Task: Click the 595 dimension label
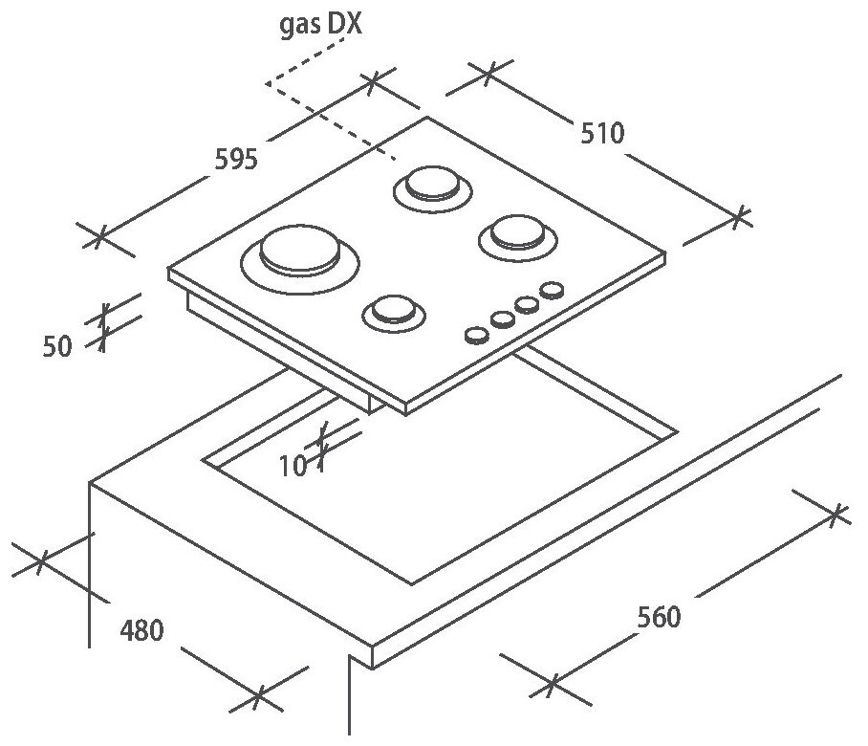[x=234, y=158]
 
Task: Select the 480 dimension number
[x=141, y=630]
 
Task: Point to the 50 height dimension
[x=58, y=346]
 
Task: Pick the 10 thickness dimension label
[x=293, y=466]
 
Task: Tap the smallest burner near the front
[x=390, y=309]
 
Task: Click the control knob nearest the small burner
[x=475, y=334]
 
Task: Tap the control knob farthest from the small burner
[x=552, y=289]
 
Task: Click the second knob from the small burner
[x=501, y=318]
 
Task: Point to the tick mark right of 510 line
[x=737, y=217]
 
